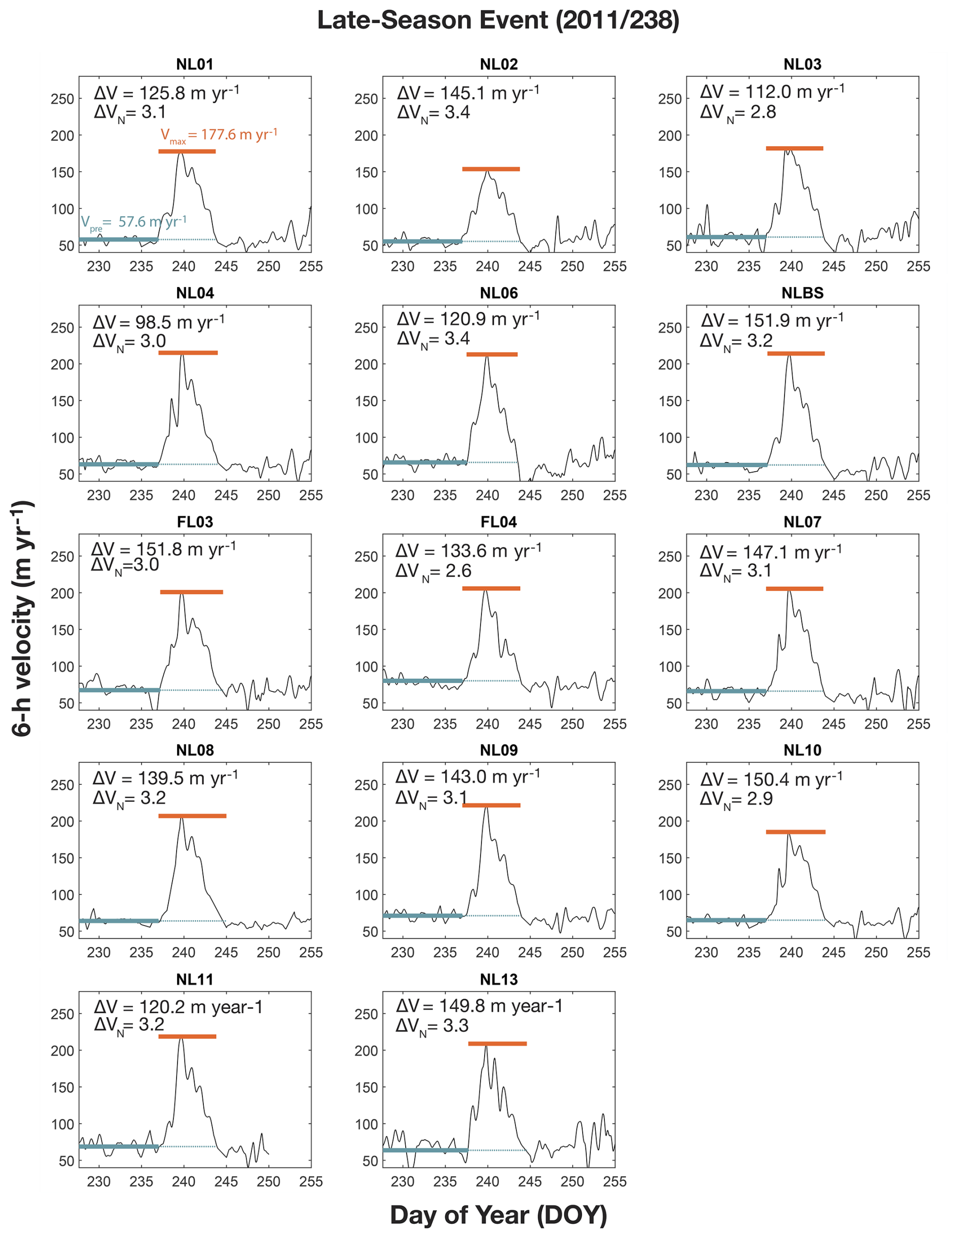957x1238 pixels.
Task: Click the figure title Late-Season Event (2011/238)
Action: tap(498, 20)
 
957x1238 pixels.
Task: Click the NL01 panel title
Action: tap(194, 65)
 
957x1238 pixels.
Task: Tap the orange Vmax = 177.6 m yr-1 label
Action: tap(219, 135)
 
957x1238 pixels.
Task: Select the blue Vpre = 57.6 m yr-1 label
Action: tap(134, 222)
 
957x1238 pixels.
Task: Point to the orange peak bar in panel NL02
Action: tap(491, 169)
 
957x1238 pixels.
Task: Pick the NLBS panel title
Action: tap(802, 293)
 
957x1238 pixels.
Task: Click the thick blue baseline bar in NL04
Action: tap(119, 464)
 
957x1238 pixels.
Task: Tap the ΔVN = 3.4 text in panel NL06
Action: tap(433, 339)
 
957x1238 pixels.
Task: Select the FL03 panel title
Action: tap(195, 522)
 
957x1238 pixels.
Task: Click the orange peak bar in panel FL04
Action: tap(491, 589)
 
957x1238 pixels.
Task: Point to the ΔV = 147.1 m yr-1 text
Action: tap(770, 552)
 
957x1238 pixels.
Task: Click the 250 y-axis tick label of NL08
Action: tap(62, 785)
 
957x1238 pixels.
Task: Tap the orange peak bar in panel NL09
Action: tap(491, 805)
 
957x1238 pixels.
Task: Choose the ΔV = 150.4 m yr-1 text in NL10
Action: tap(771, 779)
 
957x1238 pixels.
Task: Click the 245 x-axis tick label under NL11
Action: tap(226, 1182)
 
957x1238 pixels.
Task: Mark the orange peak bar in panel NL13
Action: tap(498, 1044)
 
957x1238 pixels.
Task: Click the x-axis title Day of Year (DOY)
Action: tap(498, 1215)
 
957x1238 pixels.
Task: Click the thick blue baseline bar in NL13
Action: tap(425, 1150)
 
